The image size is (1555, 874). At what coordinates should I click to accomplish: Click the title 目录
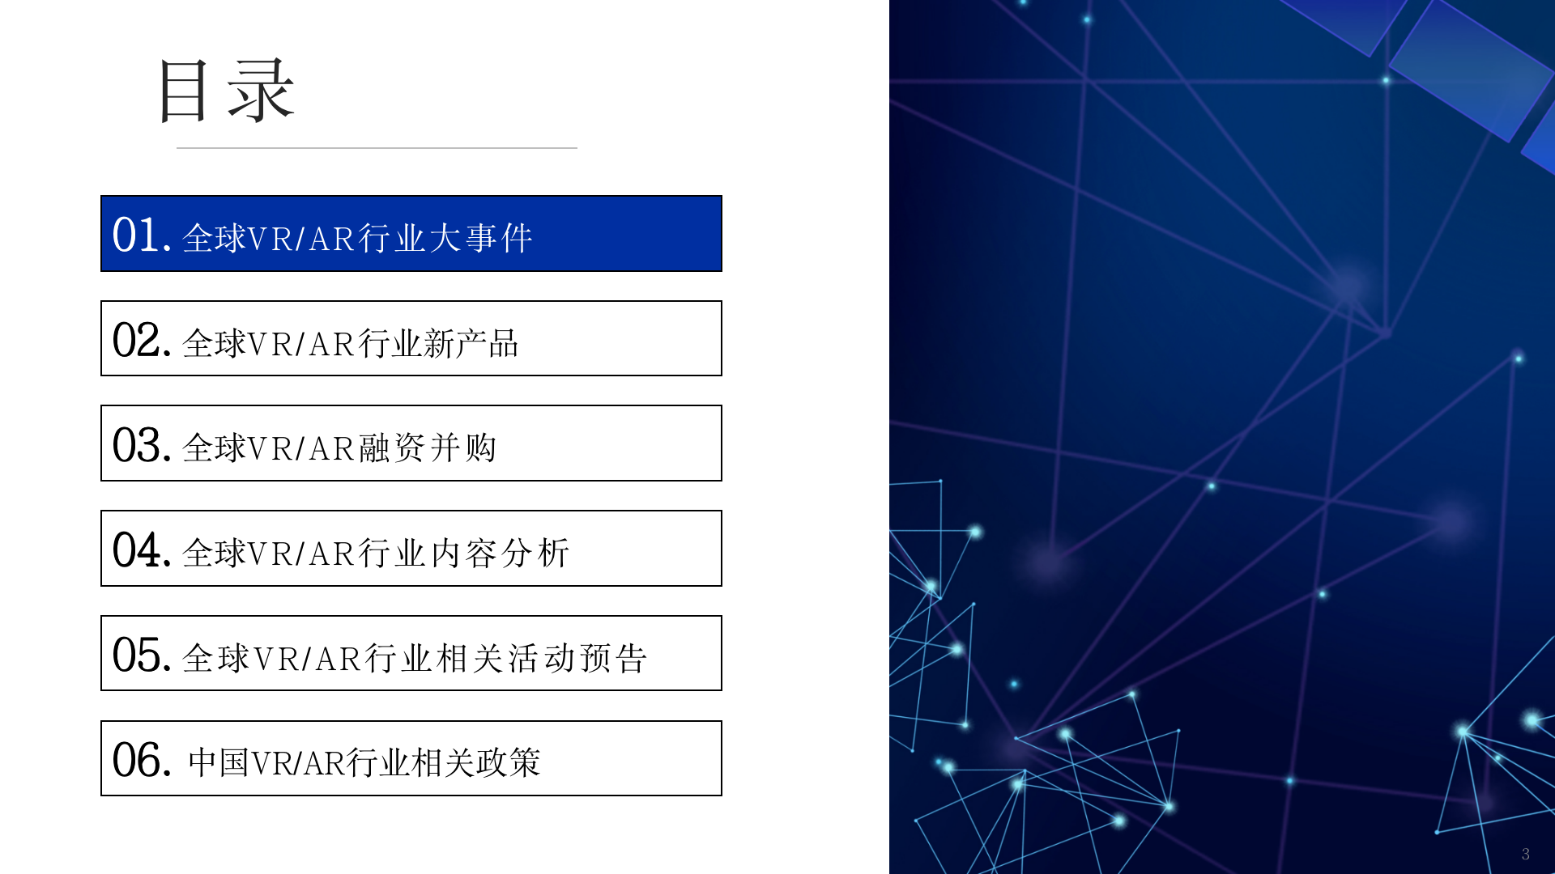[x=226, y=91]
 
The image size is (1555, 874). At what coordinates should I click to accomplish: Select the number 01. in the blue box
[x=142, y=235]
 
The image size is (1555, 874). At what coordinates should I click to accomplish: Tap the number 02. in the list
[x=142, y=341]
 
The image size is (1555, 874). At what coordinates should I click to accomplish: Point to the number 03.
[x=142, y=445]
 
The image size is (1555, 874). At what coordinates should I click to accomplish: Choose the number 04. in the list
[x=142, y=550]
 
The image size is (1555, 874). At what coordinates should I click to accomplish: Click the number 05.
[x=142, y=655]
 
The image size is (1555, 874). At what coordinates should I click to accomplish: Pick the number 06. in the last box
[x=142, y=761]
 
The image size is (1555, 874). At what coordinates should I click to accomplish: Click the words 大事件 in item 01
[x=480, y=239]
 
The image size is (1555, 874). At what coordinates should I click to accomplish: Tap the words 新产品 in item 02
[x=471, y=344]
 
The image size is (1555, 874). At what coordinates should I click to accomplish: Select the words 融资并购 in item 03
[x=428, y=448]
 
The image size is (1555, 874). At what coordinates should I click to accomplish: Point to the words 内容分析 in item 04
[x=500, y=554]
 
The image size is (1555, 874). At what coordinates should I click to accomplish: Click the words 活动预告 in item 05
[x=578, y=659]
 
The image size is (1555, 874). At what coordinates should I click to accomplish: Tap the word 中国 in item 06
[x=218, y=763]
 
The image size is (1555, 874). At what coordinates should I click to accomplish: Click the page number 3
[x=1526, y=854]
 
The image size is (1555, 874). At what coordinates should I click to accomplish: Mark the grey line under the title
[x=377, y=148]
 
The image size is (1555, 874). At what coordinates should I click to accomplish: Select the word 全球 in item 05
[x=216, y=659]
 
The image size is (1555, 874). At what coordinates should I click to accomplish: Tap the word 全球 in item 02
[x=214, y=344]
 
